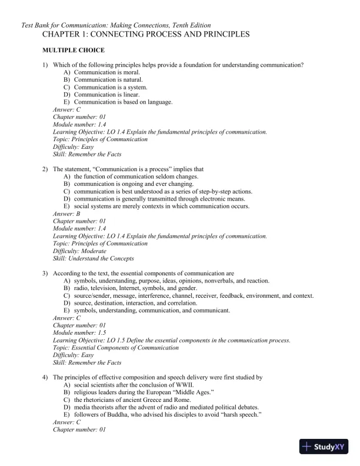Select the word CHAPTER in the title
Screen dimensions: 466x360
[x=61, y=35]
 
